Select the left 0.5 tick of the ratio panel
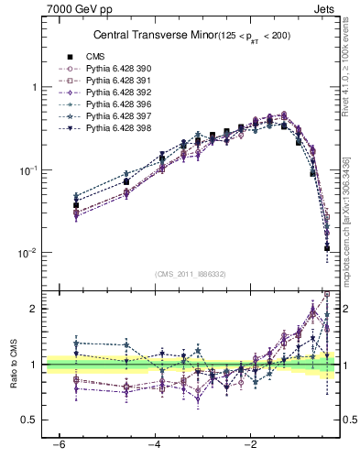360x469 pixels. click(32, 420)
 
